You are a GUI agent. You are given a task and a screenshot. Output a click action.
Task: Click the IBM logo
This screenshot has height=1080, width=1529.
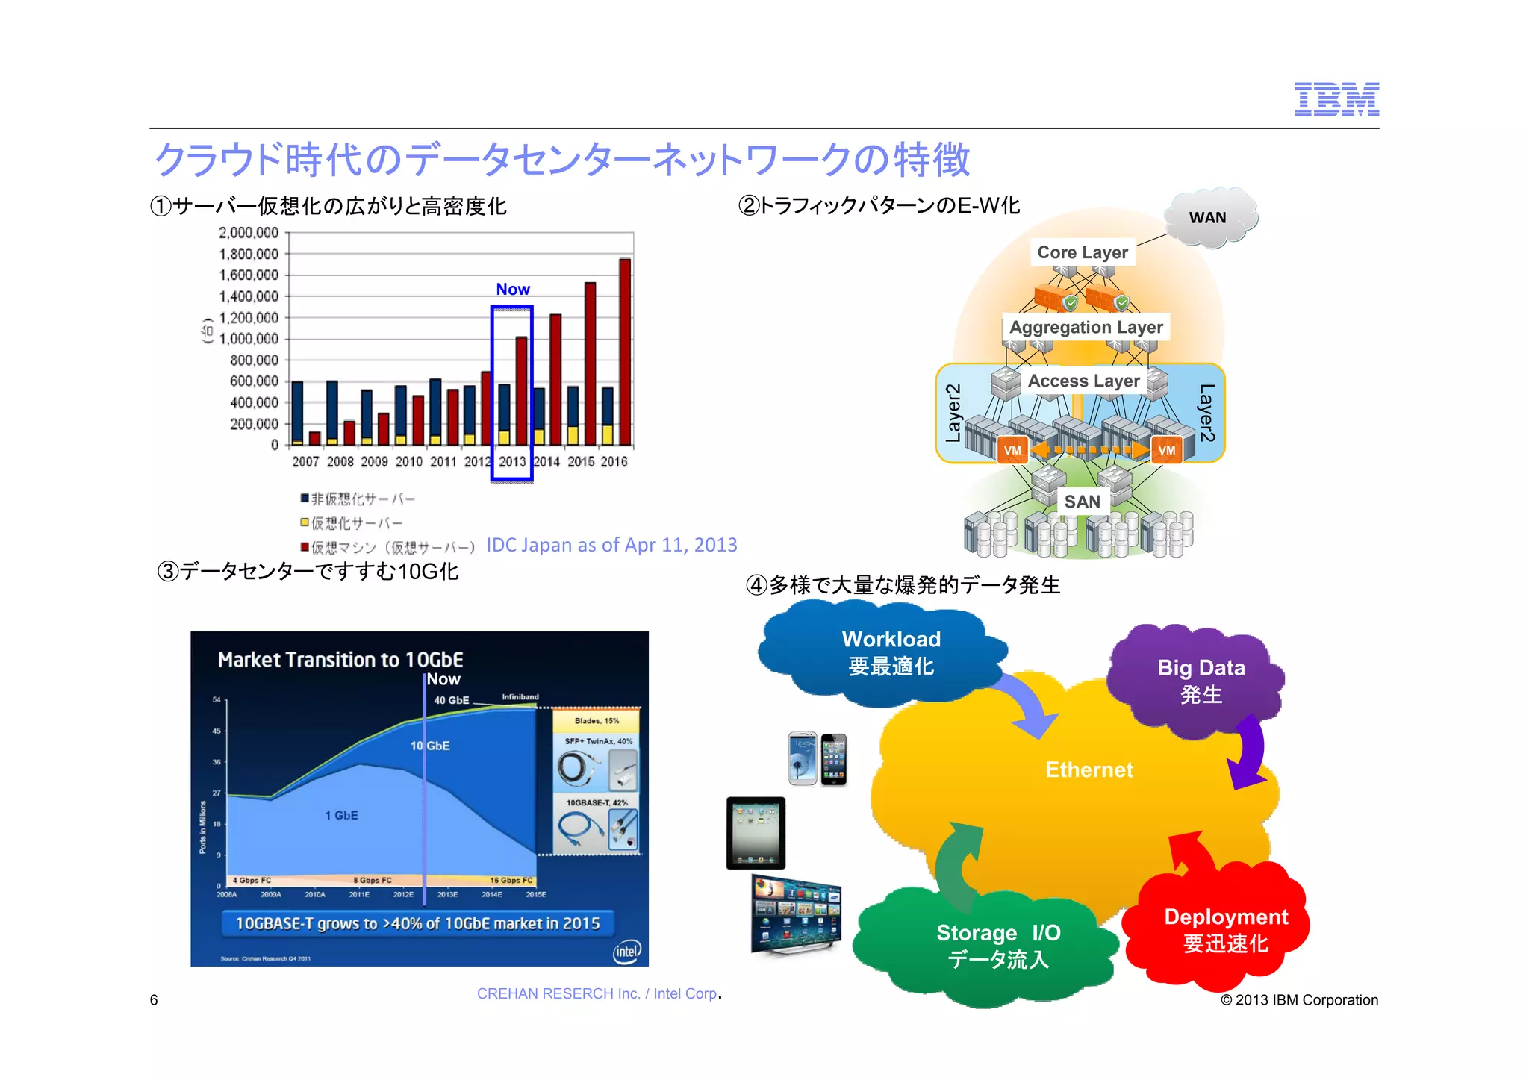(1336, 99)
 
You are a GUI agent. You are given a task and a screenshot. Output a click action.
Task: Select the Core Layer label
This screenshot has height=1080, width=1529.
(1083, 252)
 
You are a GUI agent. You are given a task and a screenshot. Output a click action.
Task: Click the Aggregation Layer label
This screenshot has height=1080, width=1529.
(1086, 327)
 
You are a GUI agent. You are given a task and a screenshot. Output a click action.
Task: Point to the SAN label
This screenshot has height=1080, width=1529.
(1082, 502)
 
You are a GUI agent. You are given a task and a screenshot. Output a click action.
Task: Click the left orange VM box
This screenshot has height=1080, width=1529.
(1012, 450)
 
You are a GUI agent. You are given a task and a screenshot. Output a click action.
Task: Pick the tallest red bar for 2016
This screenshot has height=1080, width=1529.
(625, 351)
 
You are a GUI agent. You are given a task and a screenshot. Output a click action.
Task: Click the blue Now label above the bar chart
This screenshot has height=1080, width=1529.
(513, 289)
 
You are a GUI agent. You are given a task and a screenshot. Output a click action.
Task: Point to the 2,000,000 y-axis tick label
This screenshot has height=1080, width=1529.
(248, 233)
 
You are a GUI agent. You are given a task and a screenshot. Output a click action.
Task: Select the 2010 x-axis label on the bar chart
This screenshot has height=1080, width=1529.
(408, 462)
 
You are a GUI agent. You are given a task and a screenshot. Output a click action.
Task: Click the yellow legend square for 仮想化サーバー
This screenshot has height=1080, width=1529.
(305, 522)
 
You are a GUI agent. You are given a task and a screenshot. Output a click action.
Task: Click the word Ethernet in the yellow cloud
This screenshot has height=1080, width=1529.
(1089, 770)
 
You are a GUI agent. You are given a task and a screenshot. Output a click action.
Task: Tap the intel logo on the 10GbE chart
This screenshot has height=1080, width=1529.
(626, 951)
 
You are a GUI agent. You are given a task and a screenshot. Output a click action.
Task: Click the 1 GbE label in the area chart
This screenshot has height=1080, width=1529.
(341, 815)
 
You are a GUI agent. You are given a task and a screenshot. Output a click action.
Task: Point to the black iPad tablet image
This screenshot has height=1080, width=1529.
(756, 832)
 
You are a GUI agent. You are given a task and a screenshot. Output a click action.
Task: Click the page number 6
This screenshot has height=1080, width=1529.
(154, 1000)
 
